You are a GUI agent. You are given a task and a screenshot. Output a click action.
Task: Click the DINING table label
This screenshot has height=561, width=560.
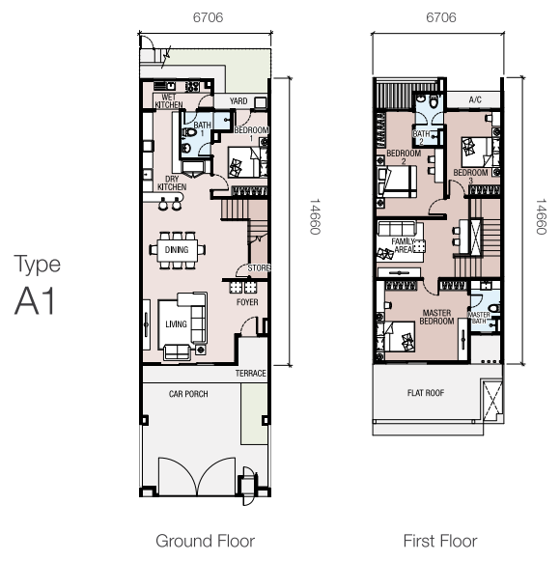point(177,249)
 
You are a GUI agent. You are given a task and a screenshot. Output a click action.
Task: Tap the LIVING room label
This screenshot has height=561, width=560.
point(176,324)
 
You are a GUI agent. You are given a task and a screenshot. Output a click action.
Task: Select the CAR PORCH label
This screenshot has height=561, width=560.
point(188,394)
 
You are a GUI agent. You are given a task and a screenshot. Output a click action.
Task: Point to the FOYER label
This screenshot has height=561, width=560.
point(247,302)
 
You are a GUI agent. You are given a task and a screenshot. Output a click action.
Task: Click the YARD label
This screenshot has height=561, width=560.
point(238,101)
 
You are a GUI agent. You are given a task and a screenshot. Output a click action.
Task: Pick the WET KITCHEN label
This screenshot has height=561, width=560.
point(169,101)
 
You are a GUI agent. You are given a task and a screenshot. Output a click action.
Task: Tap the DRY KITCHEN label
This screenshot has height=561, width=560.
point(172,183)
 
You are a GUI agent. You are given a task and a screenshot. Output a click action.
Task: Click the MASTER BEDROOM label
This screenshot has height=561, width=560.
point(437,317)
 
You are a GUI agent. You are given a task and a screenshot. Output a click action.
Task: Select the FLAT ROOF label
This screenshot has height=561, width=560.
point(426,393)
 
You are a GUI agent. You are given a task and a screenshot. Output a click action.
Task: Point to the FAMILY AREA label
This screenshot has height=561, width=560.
point(403,245)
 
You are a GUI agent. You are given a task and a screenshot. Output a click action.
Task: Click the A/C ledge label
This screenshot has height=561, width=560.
point(475,99)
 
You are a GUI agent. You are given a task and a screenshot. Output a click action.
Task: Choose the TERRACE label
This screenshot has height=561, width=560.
point(251,374)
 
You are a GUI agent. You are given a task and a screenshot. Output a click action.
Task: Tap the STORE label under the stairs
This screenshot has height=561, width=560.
point(259,268)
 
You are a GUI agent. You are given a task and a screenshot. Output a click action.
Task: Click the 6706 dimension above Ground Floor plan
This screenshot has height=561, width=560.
point(208,17)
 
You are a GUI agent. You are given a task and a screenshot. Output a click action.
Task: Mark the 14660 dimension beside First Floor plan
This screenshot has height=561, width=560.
point(541,217)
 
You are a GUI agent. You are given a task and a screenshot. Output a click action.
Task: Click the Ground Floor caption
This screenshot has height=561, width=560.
point(206,541)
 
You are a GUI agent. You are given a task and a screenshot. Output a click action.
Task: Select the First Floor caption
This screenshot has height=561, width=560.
point(440,541)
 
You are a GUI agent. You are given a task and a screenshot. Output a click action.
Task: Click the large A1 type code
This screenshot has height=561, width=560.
point(35,300)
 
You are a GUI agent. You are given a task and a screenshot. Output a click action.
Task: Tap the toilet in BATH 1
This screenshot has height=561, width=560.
point(188,132)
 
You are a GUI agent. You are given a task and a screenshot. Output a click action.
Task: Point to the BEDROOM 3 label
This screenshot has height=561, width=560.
point(471,177)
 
